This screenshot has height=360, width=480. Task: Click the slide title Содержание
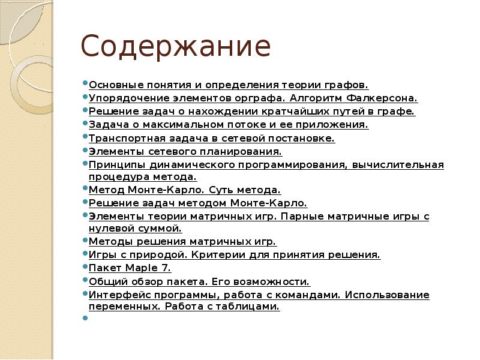coord(175,47)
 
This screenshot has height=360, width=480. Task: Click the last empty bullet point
coord(85,318)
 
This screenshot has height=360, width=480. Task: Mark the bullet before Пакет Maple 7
coord(85,267)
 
